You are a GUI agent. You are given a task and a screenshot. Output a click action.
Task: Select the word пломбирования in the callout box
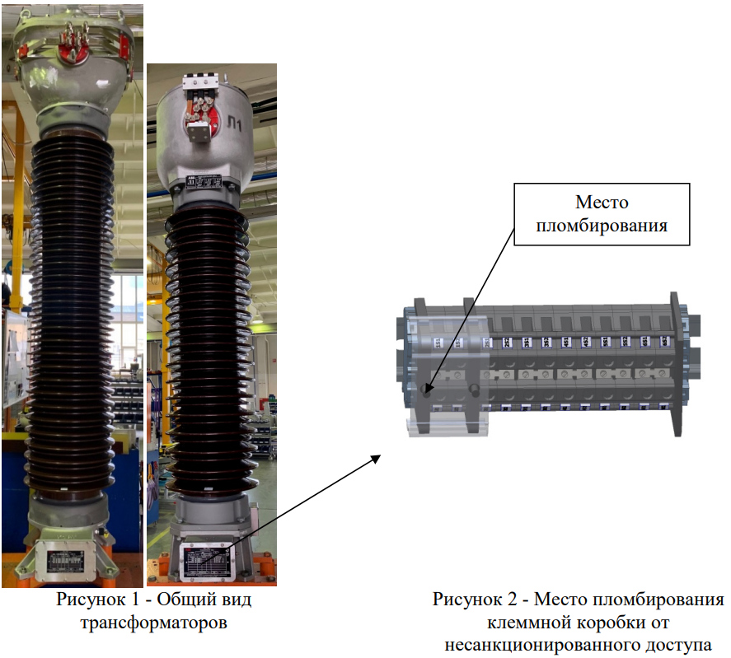(602, 225)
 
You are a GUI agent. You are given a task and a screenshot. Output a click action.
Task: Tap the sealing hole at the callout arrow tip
(425, 389)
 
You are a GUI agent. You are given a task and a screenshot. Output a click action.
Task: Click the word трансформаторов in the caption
(153, 623)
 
